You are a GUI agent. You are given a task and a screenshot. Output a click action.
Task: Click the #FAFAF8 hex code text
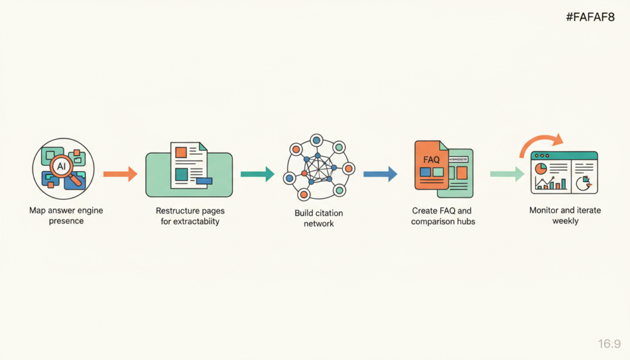click(x=590, y=18)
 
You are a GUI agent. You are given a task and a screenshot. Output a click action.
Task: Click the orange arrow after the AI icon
click(x=120, y=174)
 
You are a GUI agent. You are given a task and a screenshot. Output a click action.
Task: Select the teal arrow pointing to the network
click(x=257, y=174)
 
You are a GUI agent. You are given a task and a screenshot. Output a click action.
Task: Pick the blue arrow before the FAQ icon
click(x=380, y=174)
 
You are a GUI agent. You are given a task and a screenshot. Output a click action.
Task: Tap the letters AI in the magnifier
click(x=61, y=166)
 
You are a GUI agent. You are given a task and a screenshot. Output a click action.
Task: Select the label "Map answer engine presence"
click(x=66, y=215)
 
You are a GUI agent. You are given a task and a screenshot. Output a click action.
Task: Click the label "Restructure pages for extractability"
click(x=189, y=215)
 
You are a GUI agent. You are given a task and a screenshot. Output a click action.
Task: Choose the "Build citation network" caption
click(x=319, y=218)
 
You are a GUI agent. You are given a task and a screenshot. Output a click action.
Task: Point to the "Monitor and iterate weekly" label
click(x=565, y=215)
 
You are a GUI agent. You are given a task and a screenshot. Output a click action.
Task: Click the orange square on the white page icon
click(x=181, y=151)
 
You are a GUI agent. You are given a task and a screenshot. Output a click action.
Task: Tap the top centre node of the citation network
click(x=317, y=140)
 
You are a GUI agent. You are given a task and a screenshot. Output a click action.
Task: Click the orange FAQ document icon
click(x=431, y=165)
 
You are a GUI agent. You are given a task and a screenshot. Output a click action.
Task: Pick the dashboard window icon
click(x=564, y=173)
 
